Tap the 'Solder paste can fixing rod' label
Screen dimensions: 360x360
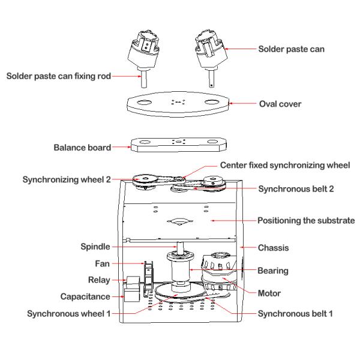56,76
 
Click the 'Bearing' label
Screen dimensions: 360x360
273,271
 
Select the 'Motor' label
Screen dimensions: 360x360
270,294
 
